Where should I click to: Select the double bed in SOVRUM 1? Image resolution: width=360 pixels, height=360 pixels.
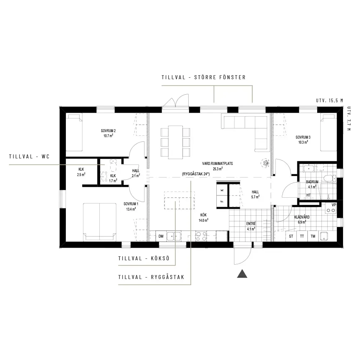point(100,222)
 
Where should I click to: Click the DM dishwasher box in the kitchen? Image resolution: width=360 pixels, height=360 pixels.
point(161,236)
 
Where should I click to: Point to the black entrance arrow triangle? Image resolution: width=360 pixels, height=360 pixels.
point(242,274)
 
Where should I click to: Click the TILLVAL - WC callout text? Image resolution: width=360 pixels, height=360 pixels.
point(30,157)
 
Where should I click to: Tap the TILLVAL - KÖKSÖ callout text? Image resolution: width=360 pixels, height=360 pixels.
point(144,258)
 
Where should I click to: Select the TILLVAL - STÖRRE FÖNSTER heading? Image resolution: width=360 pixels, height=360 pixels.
point(204,77)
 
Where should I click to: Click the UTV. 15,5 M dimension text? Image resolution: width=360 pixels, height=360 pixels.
point(329,100)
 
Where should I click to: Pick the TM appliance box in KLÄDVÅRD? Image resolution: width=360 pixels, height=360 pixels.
point(313,236)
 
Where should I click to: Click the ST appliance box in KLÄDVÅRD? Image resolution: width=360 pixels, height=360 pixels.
point(291,236)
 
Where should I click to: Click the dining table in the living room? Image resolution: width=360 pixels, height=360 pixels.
point(175,142)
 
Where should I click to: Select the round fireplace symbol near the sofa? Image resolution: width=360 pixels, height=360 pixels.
point(266,163)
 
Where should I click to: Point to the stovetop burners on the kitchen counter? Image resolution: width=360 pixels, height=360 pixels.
point(201,236)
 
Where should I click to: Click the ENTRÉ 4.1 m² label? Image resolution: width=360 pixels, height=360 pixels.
point(251,226)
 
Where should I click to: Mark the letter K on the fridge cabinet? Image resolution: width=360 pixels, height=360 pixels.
point(222,190)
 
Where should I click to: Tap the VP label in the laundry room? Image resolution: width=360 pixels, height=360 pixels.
point(334,205)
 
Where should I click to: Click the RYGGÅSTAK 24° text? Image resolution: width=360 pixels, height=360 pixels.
point(196,174)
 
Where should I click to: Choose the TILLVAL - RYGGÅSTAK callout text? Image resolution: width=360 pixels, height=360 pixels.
point(151,277)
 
